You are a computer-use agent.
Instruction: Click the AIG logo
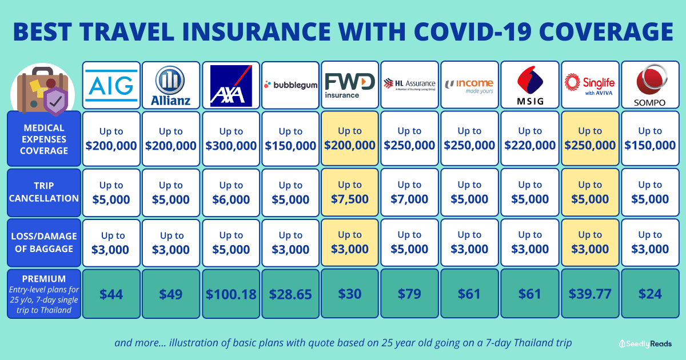(x=112, y=85)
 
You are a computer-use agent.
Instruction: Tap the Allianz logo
(x=171, y=85)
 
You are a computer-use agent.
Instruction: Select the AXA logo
(x=231, y=85)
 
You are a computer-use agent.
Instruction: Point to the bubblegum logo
(x=290, y=85)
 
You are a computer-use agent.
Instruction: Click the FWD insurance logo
(x=350, y=85)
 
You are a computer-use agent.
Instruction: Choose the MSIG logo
(x=529, y=85)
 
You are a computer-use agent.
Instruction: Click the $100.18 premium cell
(x=231, y=294)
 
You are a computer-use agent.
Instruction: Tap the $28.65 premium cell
(x=290, y=294)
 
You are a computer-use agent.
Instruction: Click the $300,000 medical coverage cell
(x=231, y=139)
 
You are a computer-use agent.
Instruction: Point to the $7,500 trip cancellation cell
(x=350, y=193)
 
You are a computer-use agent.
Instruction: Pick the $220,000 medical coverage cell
(x=529, y=139)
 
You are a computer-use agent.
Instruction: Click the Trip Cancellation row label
(x=43, y=192)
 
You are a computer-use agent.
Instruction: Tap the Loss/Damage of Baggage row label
(x=43, y=242)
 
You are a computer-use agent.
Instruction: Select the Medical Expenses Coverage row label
(x=43, y=139)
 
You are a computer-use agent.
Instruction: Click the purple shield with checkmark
(x=56, y=102)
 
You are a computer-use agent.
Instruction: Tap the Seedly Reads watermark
(x=645, y=343)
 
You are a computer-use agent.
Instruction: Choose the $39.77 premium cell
(x=589, y=294)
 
